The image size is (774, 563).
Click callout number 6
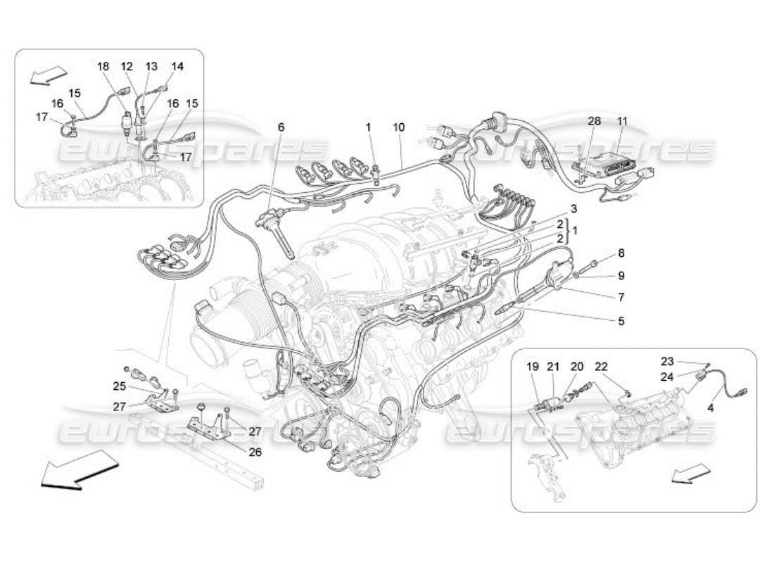(x=281, y=127)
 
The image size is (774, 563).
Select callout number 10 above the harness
(x=399, y=127)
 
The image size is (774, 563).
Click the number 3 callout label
(x=573, y=209)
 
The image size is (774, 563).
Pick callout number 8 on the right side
(x=621, y=253)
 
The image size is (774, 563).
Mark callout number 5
(x=621, y=322)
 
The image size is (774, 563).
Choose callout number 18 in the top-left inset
(x=103, y=66)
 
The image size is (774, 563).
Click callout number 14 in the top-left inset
(x=177, y=66)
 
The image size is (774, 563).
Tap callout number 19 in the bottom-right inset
(x=533, y=366)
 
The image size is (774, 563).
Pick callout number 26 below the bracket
(x=255, y=452)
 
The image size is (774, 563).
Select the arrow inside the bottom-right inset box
(x=687, y=476)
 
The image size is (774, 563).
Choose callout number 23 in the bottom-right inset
(x=667, y=362)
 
